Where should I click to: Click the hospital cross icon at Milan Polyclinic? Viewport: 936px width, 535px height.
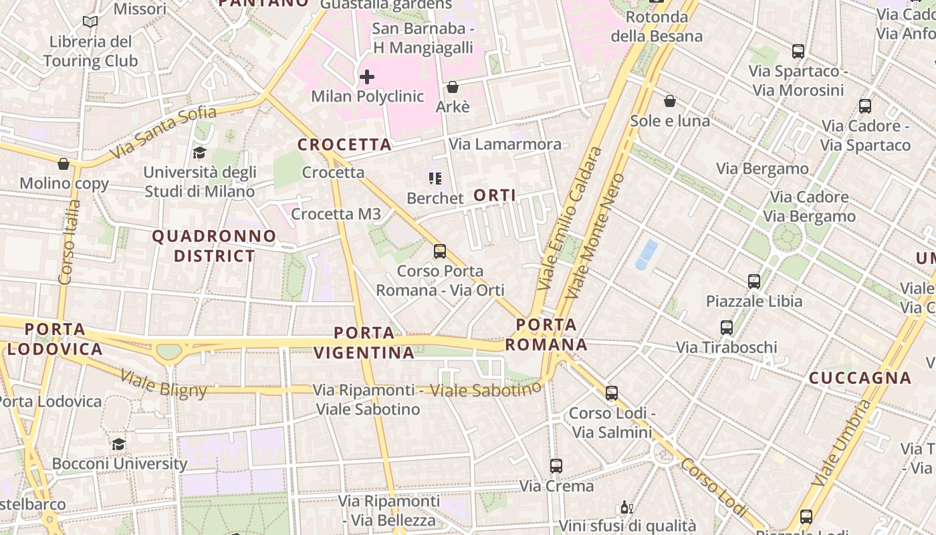[x=366, y=77]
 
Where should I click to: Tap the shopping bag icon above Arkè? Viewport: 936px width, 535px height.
[x=453, y=87]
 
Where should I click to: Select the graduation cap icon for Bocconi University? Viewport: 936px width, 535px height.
[x=118, y=444]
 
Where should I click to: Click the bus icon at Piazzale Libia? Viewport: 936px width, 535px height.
[x=754, y=282]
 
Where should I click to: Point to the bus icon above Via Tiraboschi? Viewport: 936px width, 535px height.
[x=727, y=328]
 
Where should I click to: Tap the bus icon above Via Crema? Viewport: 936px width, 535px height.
[x=556, y=466]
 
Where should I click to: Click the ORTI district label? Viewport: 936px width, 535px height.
[x=495, y=195]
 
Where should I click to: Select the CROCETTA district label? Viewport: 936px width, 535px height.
[x=344, y=144]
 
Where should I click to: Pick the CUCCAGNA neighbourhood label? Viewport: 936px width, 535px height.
[x=860, y=378]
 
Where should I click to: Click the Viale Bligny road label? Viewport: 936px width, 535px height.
[x=163, y=384]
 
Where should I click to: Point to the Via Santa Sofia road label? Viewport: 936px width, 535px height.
[x=163, y=132]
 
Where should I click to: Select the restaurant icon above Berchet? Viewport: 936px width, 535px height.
[x=435, y=179]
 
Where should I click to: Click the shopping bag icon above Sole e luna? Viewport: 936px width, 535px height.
[x=669, y=101]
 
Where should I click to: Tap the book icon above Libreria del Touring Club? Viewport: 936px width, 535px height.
[x=90, y=22]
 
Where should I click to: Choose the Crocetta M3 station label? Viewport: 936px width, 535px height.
[x=336, y=214]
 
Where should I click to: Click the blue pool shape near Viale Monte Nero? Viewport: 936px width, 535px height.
[x=647, y=255]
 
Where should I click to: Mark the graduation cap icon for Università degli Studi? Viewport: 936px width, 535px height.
[x=199, y=153]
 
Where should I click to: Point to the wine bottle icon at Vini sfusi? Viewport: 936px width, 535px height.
[x=626, y=508]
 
